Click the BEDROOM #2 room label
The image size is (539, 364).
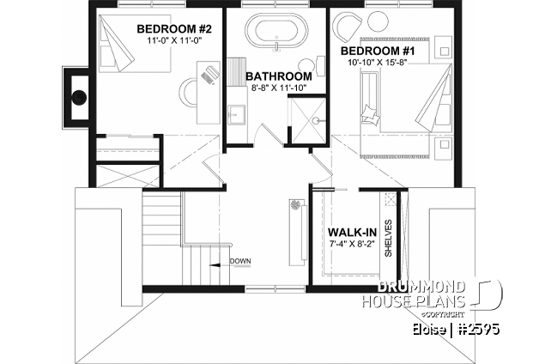174,28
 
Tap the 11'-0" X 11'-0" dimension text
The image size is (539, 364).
174,40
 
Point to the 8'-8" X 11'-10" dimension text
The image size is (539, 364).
277,88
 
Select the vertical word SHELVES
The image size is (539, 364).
389,238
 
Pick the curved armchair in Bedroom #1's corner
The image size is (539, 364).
349,26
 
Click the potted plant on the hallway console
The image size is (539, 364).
296,207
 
